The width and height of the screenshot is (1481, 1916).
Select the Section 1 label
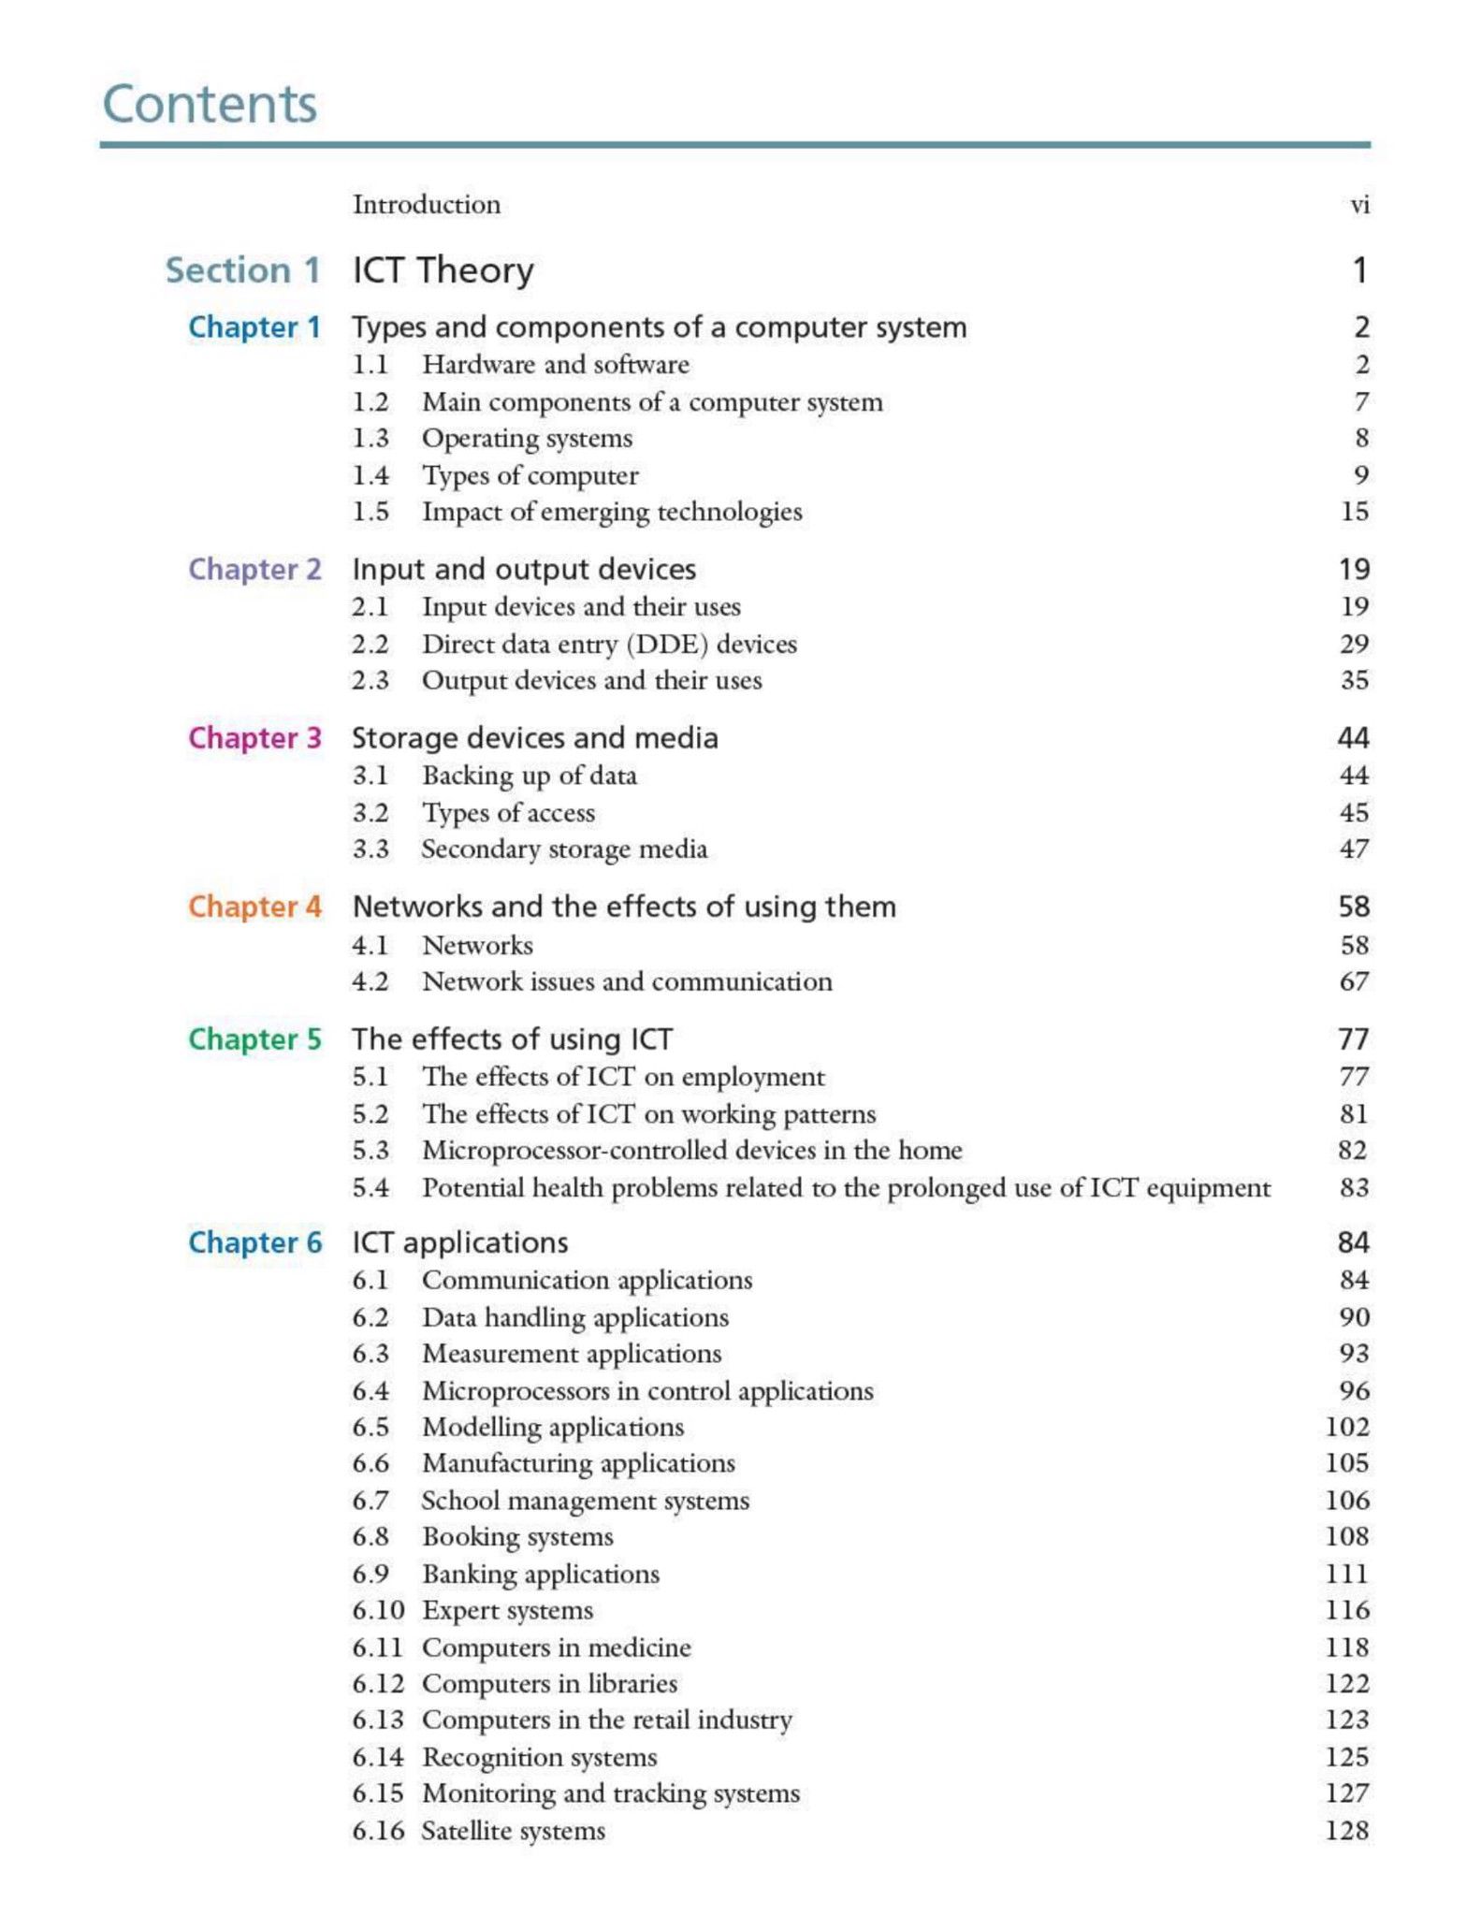242,270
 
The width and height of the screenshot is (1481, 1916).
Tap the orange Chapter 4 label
254,907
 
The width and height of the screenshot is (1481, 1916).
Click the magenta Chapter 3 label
254,738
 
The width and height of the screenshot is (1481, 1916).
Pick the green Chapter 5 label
254,1038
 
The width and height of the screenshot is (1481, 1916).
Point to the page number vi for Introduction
1359,205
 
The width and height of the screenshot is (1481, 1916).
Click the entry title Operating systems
527,438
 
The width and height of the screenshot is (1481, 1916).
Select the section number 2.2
370,644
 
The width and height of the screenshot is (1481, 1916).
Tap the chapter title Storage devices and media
535,738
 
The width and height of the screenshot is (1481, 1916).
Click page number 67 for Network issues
1354,981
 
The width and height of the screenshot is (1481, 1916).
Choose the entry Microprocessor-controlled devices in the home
691,1150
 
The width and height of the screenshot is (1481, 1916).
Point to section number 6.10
378,1610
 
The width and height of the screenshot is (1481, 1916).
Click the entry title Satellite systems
513,1830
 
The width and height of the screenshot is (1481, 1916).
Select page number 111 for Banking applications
1346,1574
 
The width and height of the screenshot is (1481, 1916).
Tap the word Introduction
427,205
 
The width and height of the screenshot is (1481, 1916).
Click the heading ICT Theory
443,270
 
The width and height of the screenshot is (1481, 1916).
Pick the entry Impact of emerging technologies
612,512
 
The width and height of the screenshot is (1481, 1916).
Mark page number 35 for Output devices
1354,680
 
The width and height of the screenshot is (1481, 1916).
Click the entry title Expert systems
507,1610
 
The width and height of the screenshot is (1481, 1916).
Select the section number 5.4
370,1187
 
